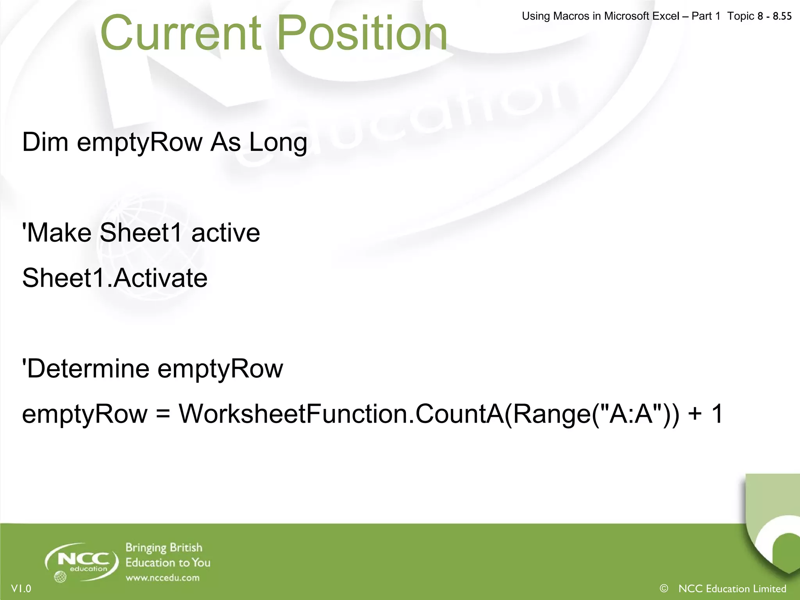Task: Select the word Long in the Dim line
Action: [x=278, y=143]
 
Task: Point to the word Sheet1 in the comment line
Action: [x=141, y=233]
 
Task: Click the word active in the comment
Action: [x=225, y=233]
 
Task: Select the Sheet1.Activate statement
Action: [x=114, y=278]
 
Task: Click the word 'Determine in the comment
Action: [x=86, y=369]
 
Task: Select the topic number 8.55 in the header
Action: [x=782, y=16]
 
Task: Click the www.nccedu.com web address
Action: [x=162, y=578]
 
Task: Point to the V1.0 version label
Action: [x=21, y=589]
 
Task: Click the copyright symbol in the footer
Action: [x=664, y=588]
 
